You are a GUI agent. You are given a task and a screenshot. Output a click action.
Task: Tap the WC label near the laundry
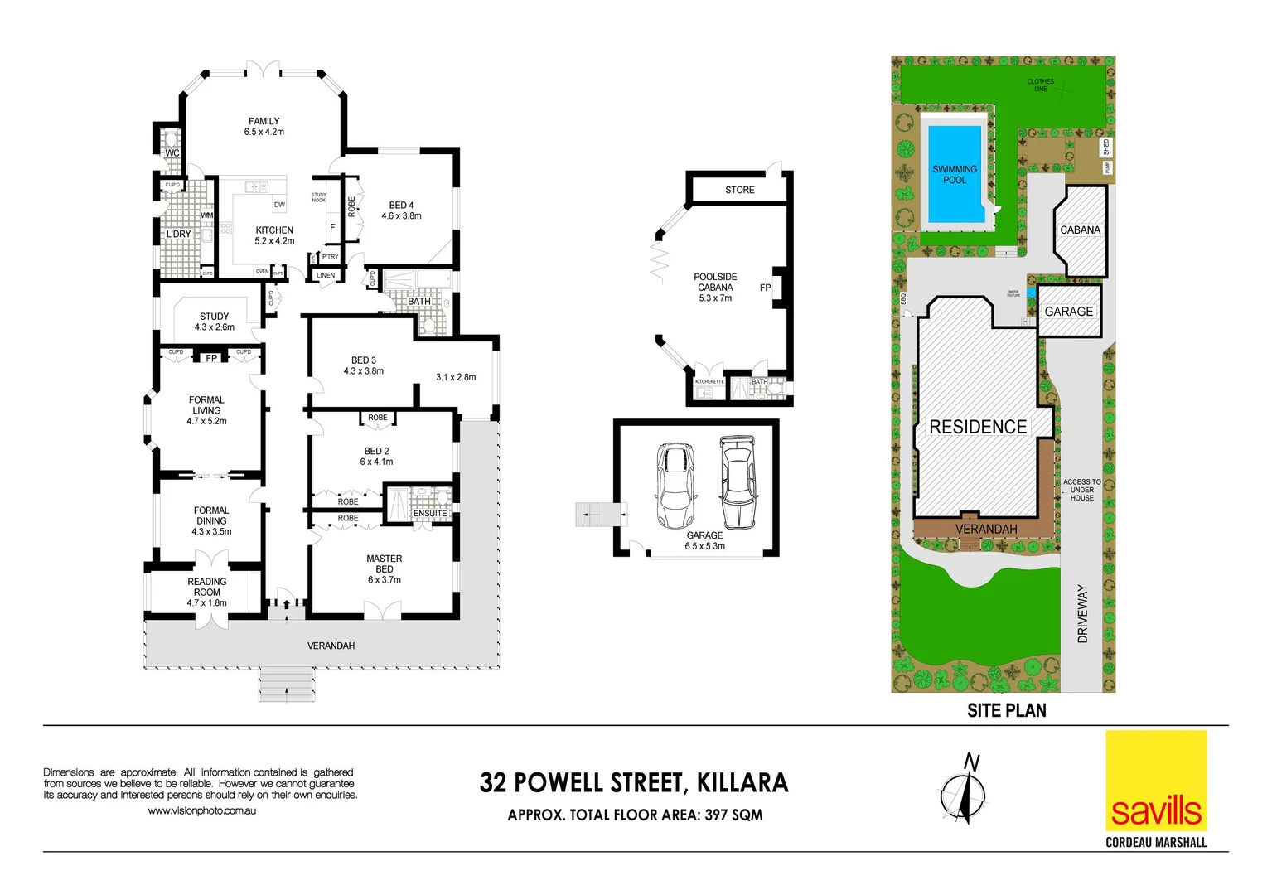coord(172,153)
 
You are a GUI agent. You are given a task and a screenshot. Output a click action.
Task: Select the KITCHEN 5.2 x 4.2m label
coord(274,235)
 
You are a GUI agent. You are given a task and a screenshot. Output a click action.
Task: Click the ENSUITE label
coord(430,514)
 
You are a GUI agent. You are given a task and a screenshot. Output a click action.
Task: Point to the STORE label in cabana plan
coord(739,190)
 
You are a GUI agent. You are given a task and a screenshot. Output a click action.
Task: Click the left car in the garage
coord(675,486)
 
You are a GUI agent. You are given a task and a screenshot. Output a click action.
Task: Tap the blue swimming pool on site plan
coord(955,175)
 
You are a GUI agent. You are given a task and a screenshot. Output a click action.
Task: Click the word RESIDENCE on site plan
coord(978,427)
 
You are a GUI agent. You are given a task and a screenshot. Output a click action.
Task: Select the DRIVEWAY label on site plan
coord(1082,613)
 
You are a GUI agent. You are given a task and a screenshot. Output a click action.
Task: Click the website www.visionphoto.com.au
coord(201,810)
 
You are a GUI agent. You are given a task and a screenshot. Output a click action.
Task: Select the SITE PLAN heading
coord(1006,710)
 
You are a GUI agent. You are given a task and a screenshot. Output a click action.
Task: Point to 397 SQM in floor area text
coord(733,815)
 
